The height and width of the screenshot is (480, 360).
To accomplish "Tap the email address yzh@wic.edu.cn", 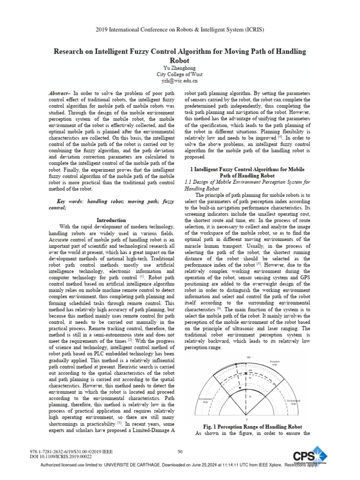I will coord(180,81).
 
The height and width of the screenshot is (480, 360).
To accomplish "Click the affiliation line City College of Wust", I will coord(180,74).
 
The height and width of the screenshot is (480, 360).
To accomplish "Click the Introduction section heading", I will coord(111,219).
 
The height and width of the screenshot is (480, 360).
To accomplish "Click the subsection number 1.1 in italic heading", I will coord(190,181).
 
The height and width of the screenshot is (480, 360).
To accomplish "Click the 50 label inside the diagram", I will coord(250,397).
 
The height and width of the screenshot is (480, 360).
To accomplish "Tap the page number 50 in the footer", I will coord(180,451).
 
